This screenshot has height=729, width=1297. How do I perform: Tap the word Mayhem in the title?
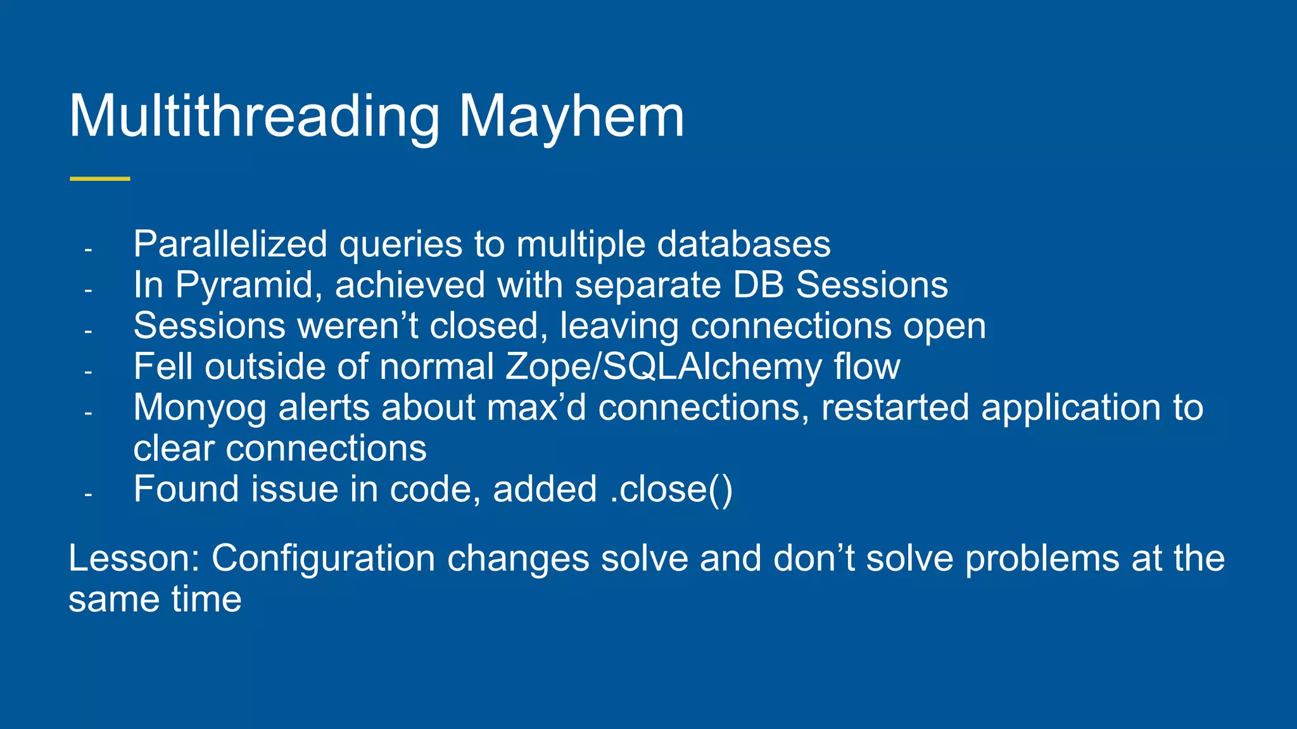[571, 117]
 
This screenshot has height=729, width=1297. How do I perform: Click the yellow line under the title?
[100, 179]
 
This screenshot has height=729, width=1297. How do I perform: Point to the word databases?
[743, 244]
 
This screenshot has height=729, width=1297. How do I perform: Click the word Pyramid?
[244, 285]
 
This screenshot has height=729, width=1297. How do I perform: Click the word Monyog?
[200, 408]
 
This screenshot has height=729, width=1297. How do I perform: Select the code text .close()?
[671, 490]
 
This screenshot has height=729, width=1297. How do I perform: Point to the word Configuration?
[323, 559]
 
